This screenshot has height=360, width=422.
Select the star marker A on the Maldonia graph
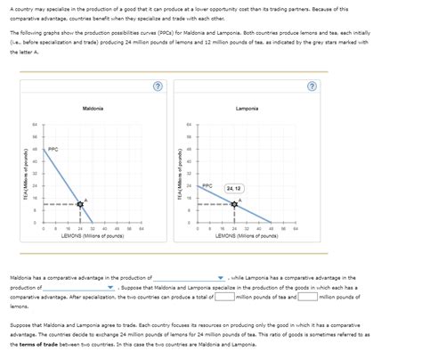80,204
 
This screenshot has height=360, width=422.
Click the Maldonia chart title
93,108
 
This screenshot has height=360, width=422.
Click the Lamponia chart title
248,108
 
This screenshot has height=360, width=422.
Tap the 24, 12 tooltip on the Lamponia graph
236,188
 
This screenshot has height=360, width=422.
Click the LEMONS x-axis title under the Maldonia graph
93,237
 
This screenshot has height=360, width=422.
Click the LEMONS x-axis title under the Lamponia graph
248,237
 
